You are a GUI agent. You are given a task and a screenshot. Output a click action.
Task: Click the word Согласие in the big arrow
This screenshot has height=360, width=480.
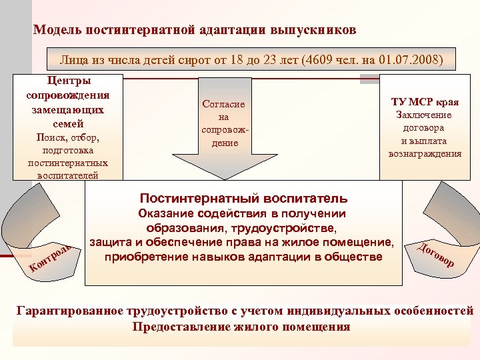pyautogui.click(x=224, y=105)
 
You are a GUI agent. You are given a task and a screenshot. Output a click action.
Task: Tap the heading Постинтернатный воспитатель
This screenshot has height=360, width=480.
pyautogui.click(x=243, y=198)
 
